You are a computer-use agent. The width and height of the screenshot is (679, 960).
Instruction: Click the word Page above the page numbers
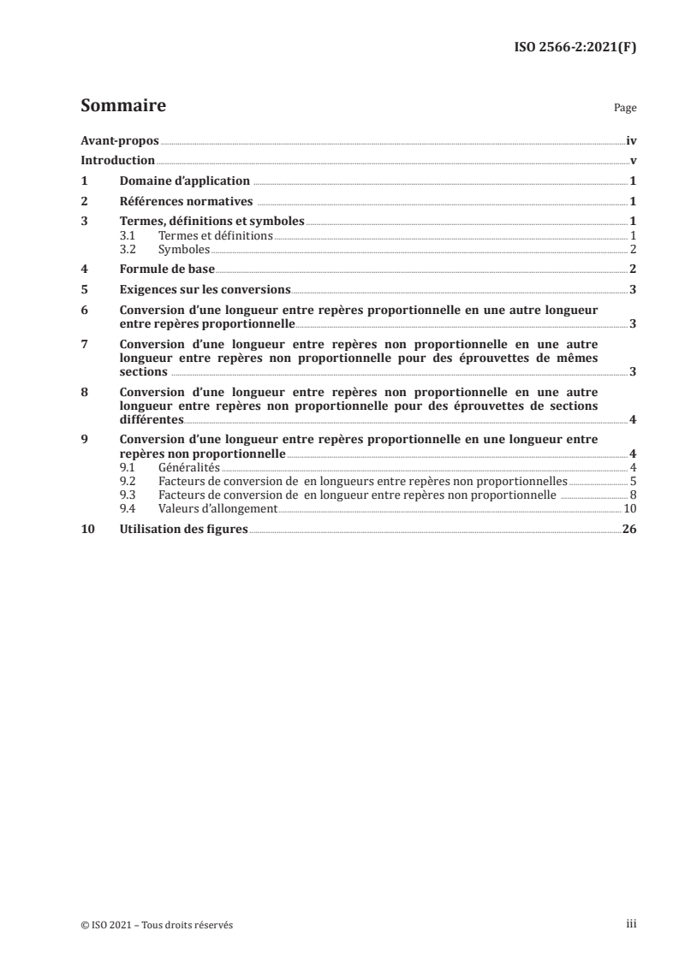[x=625, y=110]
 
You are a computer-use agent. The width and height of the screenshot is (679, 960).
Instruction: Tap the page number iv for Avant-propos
[x=631, y=140]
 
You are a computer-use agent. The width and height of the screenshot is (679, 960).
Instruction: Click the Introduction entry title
[x=117, y=161]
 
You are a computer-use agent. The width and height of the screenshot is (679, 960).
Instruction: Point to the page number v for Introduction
[x=633, y=161]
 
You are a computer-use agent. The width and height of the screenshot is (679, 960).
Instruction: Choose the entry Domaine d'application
[x=184, y=181]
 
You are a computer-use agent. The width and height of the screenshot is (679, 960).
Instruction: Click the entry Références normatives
[x=186, y=202]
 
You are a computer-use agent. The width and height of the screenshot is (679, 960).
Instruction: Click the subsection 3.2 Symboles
[x=184, y=249]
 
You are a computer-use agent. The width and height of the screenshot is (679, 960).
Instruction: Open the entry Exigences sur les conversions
[x=205, y=289]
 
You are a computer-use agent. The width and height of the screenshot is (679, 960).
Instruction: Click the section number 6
[x=84, y=310]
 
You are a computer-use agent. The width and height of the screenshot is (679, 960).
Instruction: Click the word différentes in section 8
[x=151, y=419]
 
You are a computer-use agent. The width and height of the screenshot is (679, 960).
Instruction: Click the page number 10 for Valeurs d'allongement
[x=630, y=508]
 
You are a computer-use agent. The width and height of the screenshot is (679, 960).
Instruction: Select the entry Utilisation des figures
[x=184, y=530]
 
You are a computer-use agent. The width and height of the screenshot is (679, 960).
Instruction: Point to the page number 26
[x=629, y=530]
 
